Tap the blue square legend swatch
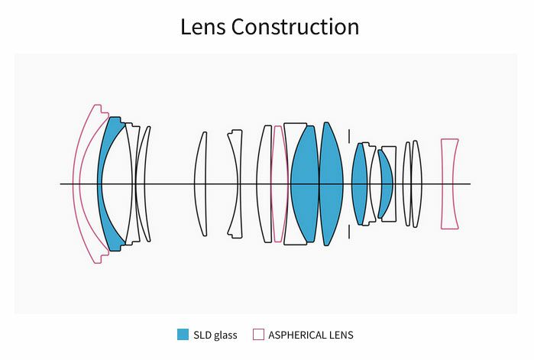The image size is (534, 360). pos(183,335)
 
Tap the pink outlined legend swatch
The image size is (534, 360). pos(258,335)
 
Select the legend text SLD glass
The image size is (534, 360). pos(215,335)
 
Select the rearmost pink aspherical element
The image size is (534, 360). pos(449,183)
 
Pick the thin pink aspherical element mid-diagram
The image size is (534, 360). pos(279,183)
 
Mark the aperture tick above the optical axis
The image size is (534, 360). pos(349,136)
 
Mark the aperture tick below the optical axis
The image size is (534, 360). pos(349,231)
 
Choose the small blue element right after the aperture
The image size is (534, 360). pos(359,183)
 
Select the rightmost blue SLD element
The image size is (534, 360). pos(386,183)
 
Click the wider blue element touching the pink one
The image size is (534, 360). pos(303,183)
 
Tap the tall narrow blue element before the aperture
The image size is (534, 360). pos(330,183)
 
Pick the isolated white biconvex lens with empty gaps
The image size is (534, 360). pos(200,183)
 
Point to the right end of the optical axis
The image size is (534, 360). pos(469,183)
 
